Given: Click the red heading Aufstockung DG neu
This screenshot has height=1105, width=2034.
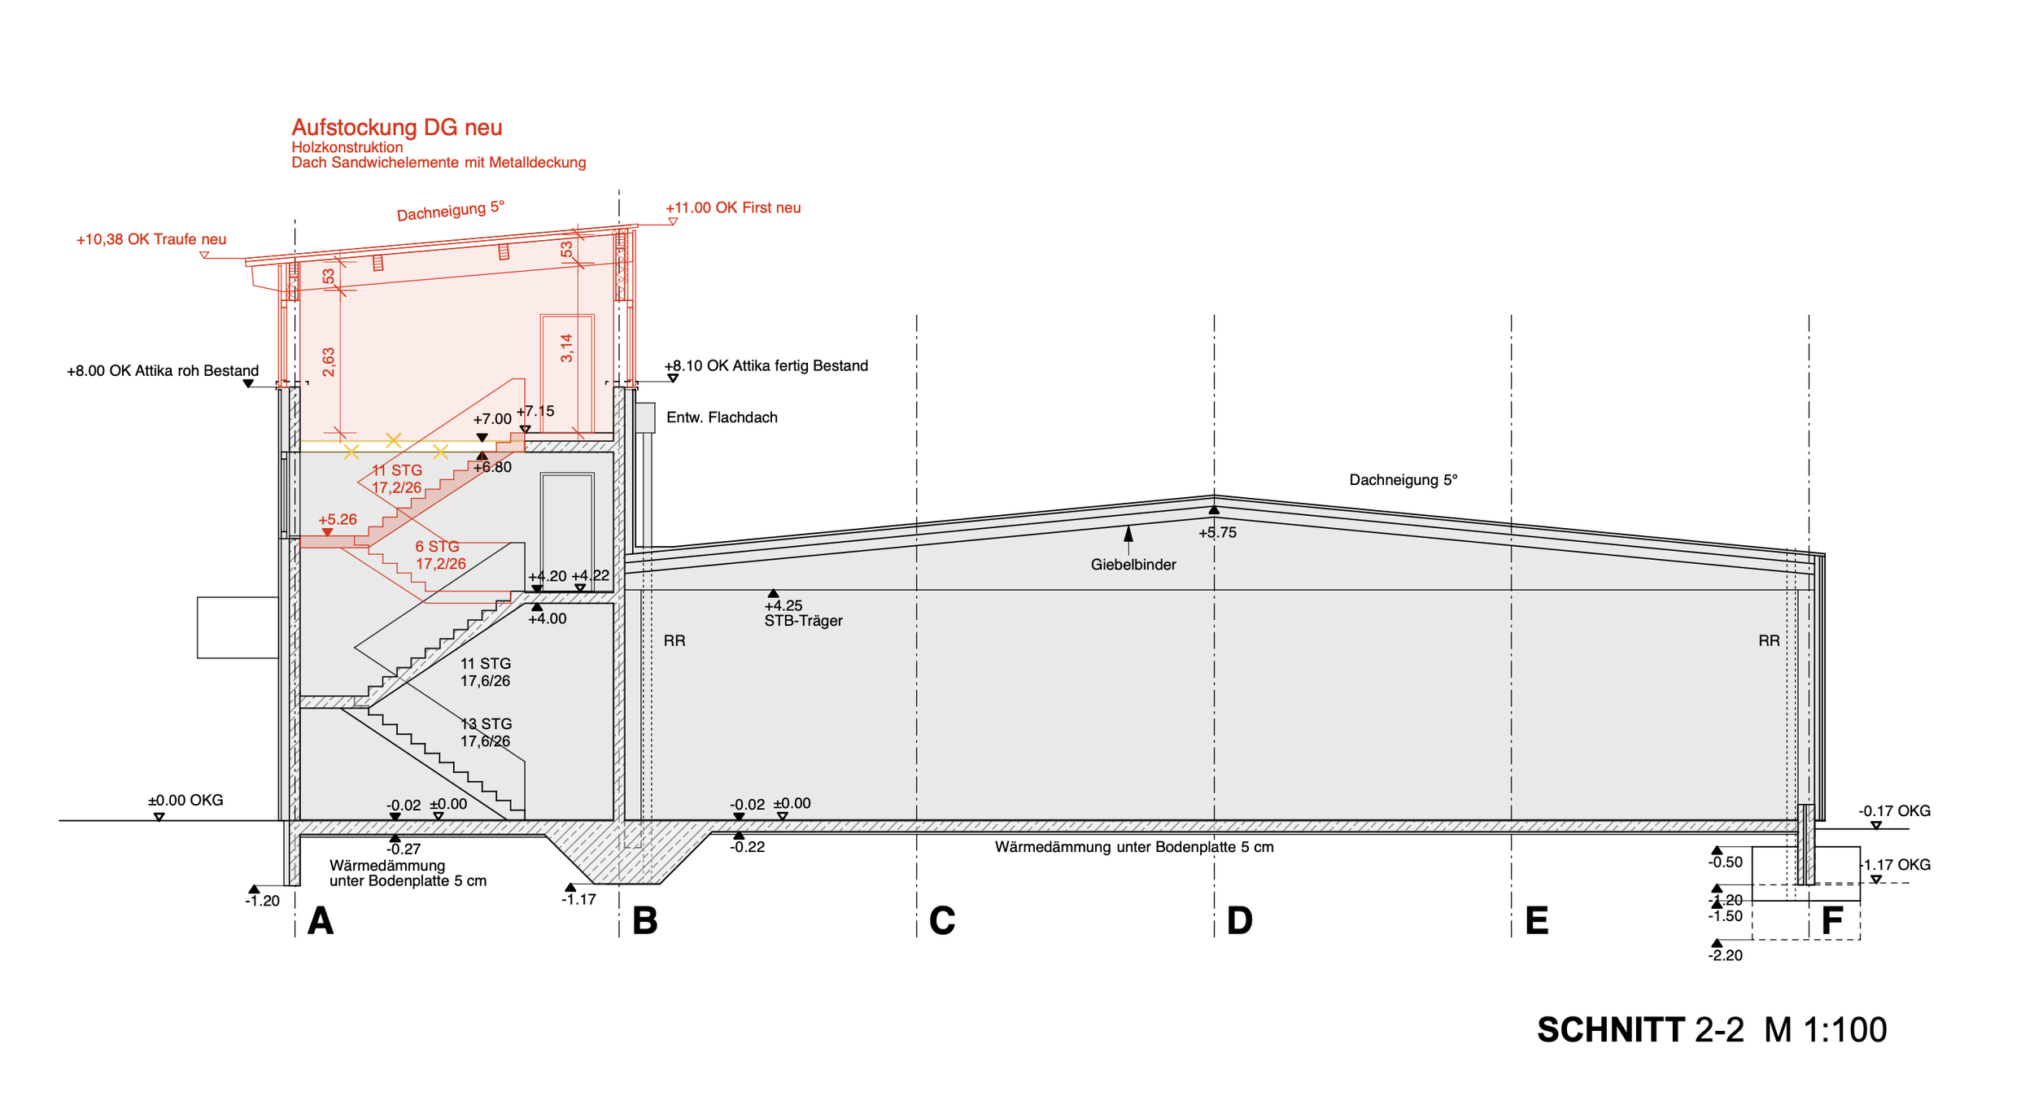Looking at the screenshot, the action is (x=397, y=128).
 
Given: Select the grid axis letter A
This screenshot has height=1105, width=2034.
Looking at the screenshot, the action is (x=321, y=921).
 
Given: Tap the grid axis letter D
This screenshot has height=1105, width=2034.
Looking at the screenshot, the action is (x=1239, y=921).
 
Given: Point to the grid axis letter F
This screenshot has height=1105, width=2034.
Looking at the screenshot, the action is (x=1832, y=921).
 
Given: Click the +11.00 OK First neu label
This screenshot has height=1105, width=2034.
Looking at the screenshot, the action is (x=733, y=207).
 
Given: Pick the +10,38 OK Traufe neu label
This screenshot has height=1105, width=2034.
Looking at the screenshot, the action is (x=151, y=239).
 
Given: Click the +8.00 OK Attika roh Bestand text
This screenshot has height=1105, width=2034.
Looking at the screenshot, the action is (x=163, y=371).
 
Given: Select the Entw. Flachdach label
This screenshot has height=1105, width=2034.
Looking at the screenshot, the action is (x=722, y=417).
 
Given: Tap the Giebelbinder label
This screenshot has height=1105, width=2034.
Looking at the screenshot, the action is (x=1133, y=565).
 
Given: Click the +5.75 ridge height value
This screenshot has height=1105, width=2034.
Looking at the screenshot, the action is (x=1217, y=533).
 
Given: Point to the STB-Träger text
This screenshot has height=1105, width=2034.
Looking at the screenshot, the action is (x=803, y=621).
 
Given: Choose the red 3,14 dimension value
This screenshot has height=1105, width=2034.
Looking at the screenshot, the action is (x=567, y=348).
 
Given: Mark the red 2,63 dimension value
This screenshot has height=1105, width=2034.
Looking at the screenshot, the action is (x=329, y=362).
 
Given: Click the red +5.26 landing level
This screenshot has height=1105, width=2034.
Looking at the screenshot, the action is (x=338, y=519).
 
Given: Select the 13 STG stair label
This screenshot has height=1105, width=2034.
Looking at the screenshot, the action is (x=487, y=724).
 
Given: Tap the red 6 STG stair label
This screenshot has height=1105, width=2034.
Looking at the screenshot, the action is (x=438, y=547).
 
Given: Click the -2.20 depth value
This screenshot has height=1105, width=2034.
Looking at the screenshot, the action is (x=1726, y=955).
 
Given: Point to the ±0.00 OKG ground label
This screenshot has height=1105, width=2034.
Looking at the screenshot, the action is (x=186, y=801).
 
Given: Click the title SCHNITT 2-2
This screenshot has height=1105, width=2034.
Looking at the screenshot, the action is (x=1640, y=1030).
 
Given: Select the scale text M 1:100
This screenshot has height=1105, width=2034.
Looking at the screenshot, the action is (x=1826, y=1030).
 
